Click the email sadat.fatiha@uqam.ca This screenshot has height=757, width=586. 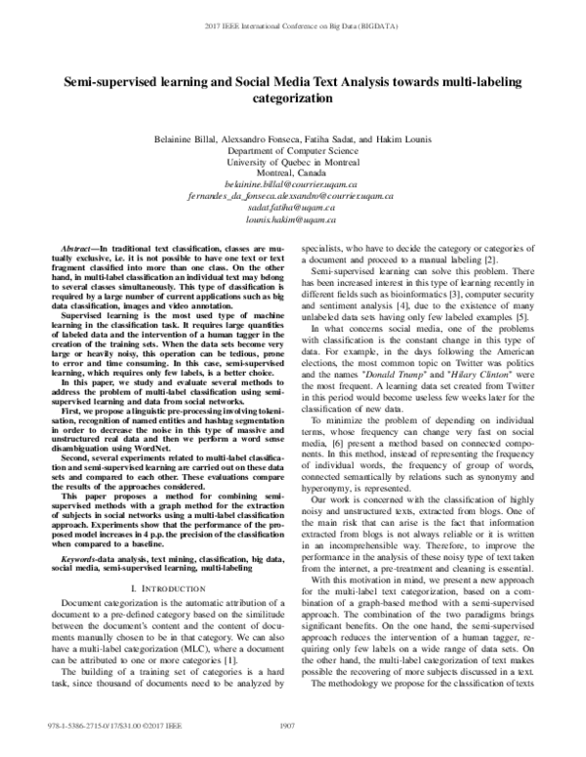(x=294, y=208)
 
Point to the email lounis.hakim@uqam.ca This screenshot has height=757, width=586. (x=294, y=220)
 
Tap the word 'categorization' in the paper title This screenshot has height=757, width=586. (x=294, y=99)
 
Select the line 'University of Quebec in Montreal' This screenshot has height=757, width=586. (x=294, y=162)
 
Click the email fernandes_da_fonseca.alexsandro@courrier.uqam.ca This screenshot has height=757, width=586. (x=294, y=195)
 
